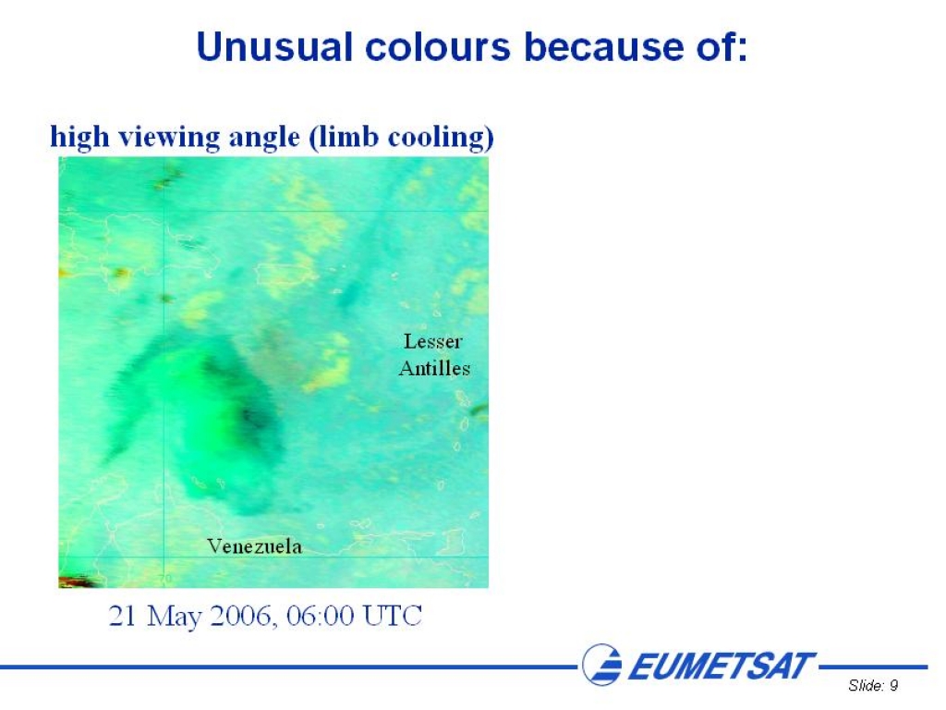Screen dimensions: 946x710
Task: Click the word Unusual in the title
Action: (x=274, y=46)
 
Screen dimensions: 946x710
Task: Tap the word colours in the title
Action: (x=438, y=46)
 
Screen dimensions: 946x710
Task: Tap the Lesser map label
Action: (x=433, y=342)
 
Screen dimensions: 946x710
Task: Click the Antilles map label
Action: (x=434, y=368)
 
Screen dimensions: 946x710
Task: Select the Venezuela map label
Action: (x=255, y=546)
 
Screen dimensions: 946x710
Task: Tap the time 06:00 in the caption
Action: (x=321, y=617)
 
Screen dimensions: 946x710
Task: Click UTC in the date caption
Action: (x=392, y=617)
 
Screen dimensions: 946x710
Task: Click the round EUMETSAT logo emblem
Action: (x=601, y=665)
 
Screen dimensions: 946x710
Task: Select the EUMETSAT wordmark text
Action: (x=722, y=667)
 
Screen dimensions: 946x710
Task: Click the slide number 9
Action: (x=893, y=685)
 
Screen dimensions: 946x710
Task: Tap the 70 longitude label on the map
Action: (x=165, y=579)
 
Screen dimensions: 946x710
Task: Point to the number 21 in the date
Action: (x=123, y=617)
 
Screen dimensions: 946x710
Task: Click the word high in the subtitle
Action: (x=79, y=137)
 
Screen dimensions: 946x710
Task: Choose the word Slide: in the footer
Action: (x=867, y=685)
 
